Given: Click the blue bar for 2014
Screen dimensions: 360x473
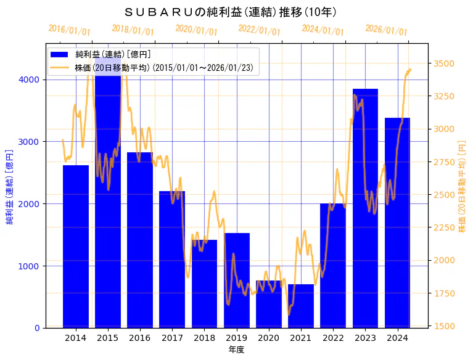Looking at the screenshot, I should [76, 247].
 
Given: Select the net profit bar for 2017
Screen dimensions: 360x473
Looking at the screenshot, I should [172, 259].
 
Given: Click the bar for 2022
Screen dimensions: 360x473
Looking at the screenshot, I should [333, 265].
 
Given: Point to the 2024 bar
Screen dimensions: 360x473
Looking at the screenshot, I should [397, 222].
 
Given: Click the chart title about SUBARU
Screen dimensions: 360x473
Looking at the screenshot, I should [230, 12].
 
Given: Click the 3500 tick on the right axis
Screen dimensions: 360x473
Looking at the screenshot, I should [444, 63].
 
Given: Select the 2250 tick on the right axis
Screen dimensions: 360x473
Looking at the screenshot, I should [444, 227].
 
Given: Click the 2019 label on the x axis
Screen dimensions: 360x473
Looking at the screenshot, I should [236, 338].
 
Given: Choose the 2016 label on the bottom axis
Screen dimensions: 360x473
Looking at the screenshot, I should [140, 338].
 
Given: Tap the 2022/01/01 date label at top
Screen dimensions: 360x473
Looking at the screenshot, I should [259, 30].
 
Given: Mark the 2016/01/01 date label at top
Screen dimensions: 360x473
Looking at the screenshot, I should [69, 30].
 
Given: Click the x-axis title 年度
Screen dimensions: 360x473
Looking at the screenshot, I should [236, 350].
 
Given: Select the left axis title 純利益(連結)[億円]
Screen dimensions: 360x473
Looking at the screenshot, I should [9, 186].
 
